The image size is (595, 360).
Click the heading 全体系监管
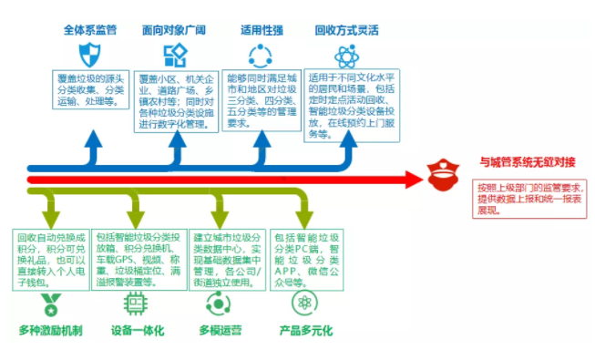point(89,29)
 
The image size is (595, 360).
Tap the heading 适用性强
point(261,29)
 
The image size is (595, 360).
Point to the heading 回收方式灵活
point(346,29)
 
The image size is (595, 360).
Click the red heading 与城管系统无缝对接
point(527,162)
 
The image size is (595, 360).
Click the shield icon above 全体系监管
point(89,53)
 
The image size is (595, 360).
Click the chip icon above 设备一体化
point(137,303)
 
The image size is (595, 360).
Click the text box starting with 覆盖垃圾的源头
point(91,85)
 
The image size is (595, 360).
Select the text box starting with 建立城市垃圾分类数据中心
point(228,258)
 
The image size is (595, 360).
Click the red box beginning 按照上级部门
point(528,200)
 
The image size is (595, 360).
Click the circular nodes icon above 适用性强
point(261,55)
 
